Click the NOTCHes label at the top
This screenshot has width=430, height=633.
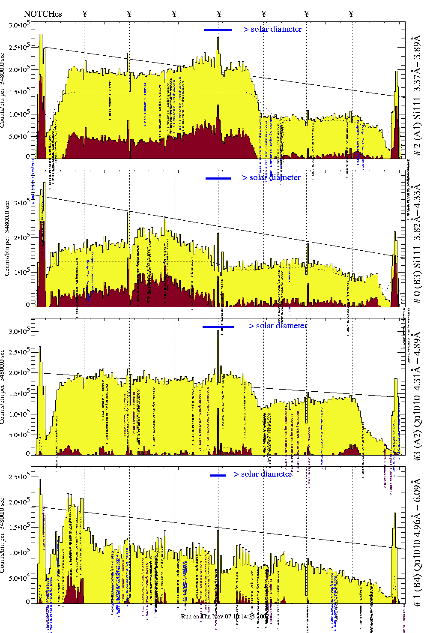tap(43, 14)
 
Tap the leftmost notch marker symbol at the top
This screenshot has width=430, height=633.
tap(84, 14)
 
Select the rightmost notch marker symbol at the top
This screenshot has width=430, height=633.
tap(351, 14)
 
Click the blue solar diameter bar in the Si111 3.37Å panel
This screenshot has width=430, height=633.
tap(218, 30)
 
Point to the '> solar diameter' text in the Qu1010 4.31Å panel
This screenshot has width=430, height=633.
tap(278, 326)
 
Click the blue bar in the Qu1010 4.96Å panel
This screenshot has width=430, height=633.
tap(218, 475)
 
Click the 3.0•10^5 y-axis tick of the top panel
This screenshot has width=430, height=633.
tap(19, 25)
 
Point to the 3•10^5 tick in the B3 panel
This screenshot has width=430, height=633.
tap(21, 203)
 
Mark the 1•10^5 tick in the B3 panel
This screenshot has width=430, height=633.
tap(21, 272)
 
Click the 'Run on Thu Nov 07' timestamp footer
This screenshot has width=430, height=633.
tap(224, 616)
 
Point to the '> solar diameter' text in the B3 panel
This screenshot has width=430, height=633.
tap(271, 177)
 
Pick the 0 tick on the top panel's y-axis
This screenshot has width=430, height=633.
tap(27, 157)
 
